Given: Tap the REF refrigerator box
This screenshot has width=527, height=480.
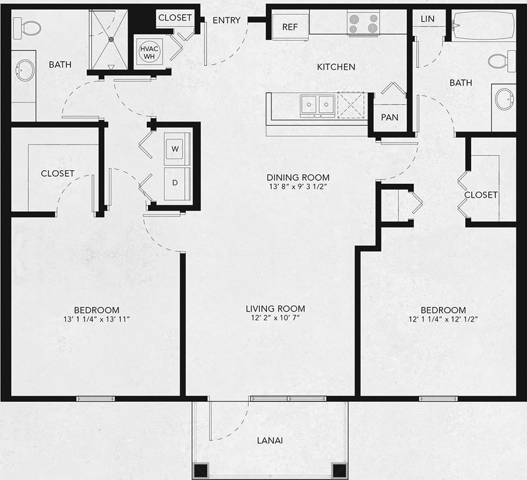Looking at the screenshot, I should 290,27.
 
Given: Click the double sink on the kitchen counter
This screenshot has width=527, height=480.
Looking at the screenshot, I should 317,106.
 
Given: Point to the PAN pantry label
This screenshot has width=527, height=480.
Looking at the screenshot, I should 390,117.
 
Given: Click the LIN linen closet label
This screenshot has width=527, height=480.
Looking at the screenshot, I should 427,19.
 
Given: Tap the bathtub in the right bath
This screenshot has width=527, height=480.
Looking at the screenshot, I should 484,26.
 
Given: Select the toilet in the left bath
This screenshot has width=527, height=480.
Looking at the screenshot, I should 26,26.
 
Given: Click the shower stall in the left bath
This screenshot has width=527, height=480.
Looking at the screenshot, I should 111,39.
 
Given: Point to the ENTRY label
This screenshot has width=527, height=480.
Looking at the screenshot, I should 227,21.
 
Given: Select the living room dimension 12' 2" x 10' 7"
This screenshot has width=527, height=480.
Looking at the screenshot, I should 275,319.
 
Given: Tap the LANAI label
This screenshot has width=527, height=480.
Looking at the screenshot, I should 271,440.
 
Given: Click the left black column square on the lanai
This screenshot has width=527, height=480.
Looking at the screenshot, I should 201,469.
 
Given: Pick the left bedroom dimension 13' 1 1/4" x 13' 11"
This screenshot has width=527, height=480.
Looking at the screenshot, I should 97,320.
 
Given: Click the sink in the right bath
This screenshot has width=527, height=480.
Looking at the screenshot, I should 503,100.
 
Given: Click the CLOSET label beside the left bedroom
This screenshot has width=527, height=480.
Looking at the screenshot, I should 58,173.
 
